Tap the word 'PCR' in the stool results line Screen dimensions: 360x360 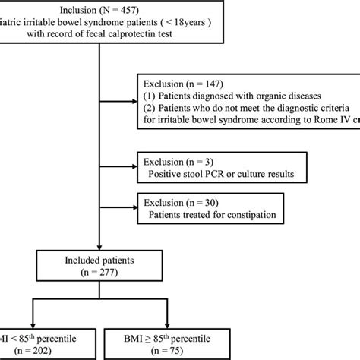pos(227,178)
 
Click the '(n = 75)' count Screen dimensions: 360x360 pos(182,346)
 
